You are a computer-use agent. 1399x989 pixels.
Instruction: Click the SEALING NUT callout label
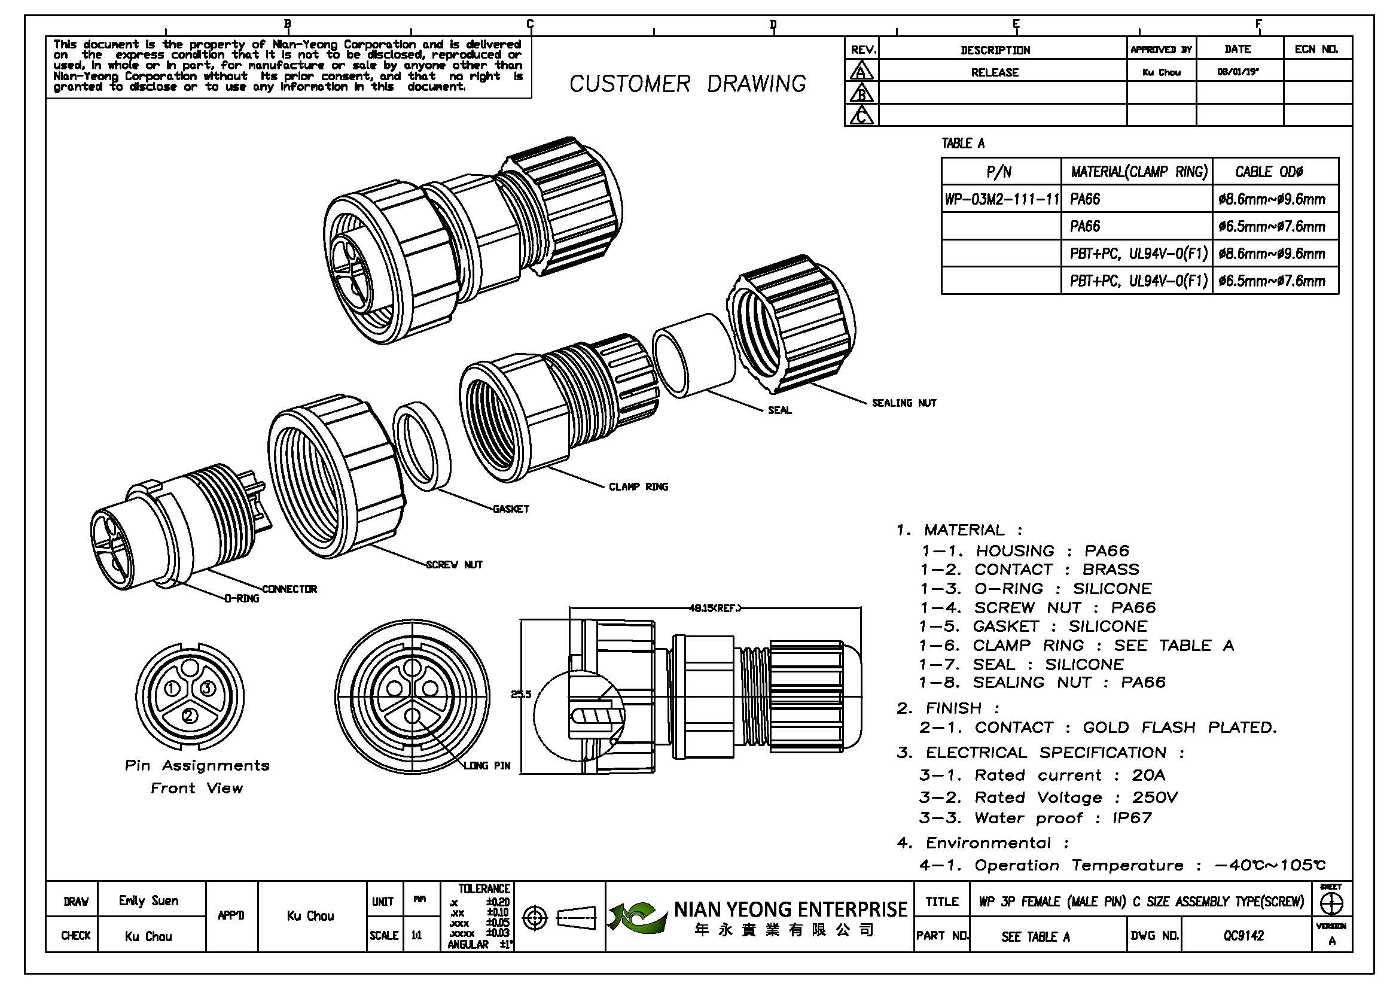pyautogui.click(x=904, y=403)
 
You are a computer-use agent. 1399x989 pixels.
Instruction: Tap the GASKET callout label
pyautogui.click(x=511, y=509)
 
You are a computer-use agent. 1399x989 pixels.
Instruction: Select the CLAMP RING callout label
pyautogui.click(x=638, y=486)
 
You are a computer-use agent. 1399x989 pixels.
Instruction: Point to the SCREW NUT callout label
pyautogui.click(x=454, y=565)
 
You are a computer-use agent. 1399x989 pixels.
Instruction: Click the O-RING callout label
pyautogui.click(x=242, y=598)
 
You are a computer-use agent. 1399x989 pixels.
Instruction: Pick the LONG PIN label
pyautogui.click(x=487, y=765)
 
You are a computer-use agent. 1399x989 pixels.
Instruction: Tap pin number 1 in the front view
pyautogui.click(x=172, y=689)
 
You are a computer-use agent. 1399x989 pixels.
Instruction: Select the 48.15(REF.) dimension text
pyautogui.click(x=715, y=607)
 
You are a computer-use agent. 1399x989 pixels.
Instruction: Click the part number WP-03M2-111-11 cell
pyautogui.click(x=1001, y=199)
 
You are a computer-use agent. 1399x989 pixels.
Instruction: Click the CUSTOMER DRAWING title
pyautogui.click(x=687, y=84)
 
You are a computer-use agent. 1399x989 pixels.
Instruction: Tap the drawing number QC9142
pyautogui.click(x=1243, y=935)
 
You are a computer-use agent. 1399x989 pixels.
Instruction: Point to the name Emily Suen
pyautogui.click(x=149, y=900)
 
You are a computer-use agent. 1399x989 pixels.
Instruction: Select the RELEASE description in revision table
pyautogui.click(x=995, y=72)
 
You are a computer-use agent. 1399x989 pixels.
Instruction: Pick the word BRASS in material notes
pyautogui.click(x=1110, y=570)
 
